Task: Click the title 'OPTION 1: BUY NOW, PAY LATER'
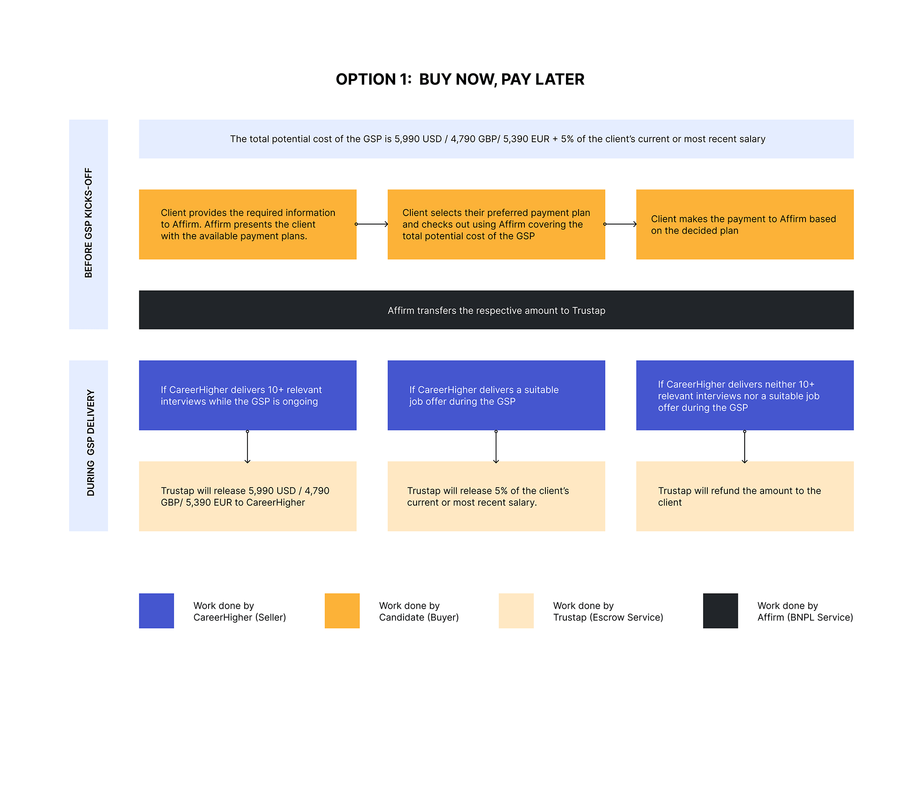click(x=460, y=79)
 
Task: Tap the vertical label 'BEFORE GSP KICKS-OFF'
click(x=89, y=223)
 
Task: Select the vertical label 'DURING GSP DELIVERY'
click(x=91, y=443)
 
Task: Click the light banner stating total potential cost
click(x=496, y=139)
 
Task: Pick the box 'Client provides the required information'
click(x=248, y=224)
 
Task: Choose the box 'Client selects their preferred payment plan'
click(x=496, y=224)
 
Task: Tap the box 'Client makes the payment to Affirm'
click(x=745, y=224)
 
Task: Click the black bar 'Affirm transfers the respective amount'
click(x=496, y=310)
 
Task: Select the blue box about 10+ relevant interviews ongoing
click(x=248, y=396)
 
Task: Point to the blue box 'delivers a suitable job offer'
click(x=496, y=396)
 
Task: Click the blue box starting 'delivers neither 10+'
click(x=745, y=396)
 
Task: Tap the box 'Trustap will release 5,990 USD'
click(x=248, y=496)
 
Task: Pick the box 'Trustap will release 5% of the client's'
click(x=496, y=496)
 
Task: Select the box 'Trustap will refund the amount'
click(x=745, y=496)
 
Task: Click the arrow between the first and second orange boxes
click(x=372, y=224)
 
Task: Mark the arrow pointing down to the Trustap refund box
click(x=744, y=447)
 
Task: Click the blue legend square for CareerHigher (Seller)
click(x=156, y=611)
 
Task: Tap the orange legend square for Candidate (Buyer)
click(x=342, y=611)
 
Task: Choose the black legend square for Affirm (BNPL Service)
click(x=720, y=611)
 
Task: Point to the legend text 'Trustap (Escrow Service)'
click(x=608, y=618)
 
